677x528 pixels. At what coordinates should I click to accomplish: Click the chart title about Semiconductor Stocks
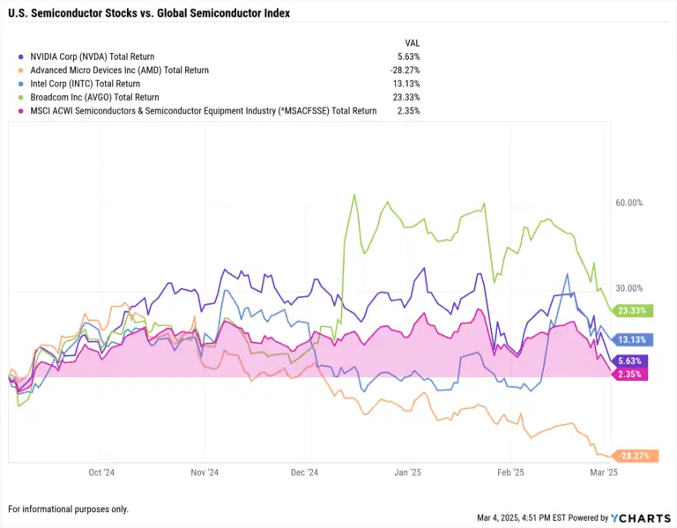(148, 14)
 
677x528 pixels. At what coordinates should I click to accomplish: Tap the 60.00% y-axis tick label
(629, 203)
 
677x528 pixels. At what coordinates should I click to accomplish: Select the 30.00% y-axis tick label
(629, 288)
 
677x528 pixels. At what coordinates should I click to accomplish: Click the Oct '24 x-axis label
(101, 472)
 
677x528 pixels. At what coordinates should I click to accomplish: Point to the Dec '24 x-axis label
(304, 472)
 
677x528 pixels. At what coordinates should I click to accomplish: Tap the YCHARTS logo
(640, 517)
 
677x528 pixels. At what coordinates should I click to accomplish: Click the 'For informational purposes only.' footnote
(68, 509)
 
